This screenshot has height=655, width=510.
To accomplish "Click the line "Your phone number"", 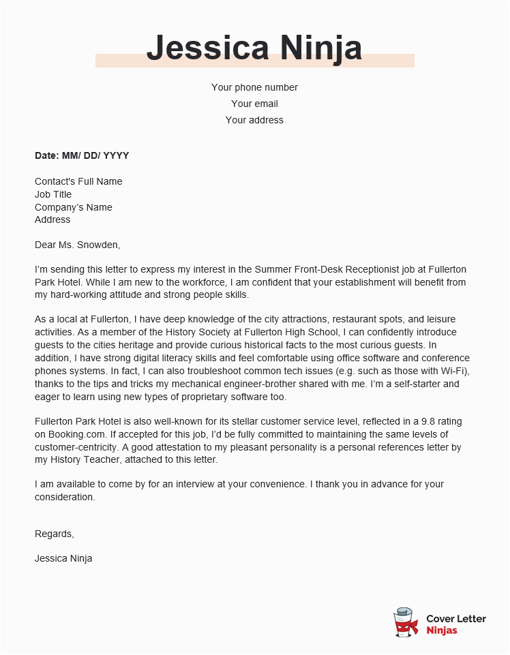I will (x=254, y=87).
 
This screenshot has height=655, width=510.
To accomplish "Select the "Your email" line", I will (x=254, y=104).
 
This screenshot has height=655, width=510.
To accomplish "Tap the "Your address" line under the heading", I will (x=254, y=120).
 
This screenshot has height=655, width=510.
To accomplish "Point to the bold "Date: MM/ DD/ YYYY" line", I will (x=82, y=155).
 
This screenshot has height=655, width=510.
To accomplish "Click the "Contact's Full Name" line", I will (x=78, y=181).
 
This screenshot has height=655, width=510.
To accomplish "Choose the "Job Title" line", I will (x=53, y=194).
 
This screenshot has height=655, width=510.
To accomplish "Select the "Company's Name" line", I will (x=74, y=207).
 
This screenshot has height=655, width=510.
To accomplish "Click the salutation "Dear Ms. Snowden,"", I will (x=77, y=245).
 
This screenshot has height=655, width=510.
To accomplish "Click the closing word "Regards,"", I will (x=55, y=534).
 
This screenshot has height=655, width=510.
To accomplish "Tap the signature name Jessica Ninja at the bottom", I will (x=63, y=558).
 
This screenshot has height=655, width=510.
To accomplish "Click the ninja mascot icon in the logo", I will (x=406, y=623).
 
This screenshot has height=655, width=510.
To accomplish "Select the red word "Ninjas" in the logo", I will (x=442, y=630).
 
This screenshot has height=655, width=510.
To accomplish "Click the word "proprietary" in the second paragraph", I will (x=193, y=397).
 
